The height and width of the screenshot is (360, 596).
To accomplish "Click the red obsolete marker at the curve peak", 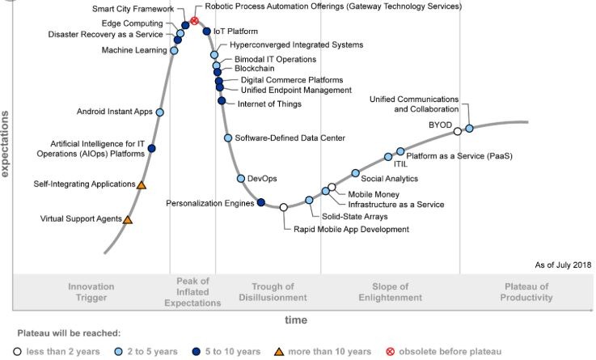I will click(195, 20).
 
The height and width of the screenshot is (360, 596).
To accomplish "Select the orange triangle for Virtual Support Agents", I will click(128, 219).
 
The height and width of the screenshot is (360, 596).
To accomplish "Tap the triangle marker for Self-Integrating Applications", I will click(142, 185).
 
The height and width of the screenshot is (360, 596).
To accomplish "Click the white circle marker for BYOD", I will click(458, 131).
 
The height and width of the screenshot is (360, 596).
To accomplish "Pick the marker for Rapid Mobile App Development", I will click(283, 208).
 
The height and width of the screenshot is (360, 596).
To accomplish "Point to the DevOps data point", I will click(241, 178).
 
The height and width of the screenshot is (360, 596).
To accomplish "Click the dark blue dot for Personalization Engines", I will click(260, 202).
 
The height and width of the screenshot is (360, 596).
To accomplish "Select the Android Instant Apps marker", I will click(160, 112).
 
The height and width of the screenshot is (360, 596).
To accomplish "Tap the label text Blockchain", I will click(256, 70).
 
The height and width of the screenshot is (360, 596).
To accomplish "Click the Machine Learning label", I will click(134, 50).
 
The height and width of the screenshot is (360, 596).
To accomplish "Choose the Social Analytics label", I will click(389, 179).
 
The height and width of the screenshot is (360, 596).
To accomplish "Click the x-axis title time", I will click(295, 320).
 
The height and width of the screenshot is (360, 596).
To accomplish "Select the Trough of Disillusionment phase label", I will click(273, 292).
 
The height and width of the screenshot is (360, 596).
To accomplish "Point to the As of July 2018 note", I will click(563, 265).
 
